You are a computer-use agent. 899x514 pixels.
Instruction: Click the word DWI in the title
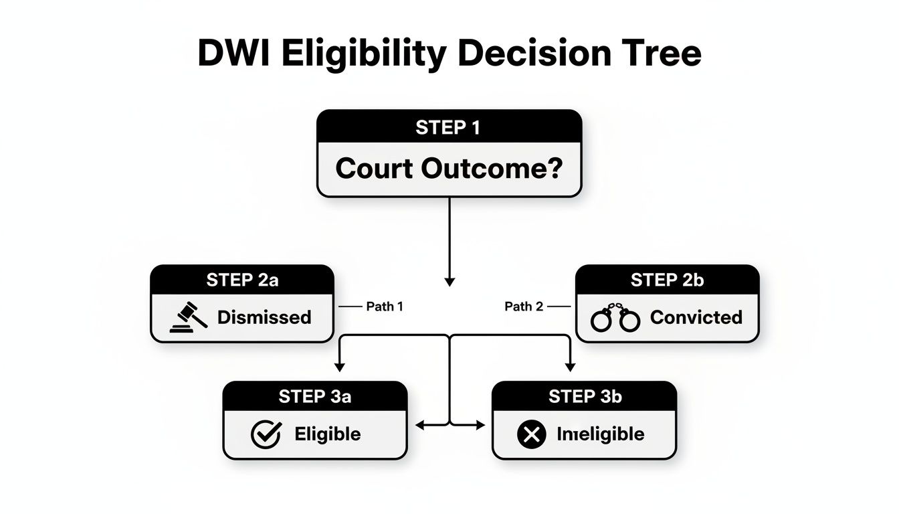tap(234, 54)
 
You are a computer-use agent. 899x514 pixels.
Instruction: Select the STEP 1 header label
tap(448, 127)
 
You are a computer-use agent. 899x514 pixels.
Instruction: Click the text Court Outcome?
tap(448, 168)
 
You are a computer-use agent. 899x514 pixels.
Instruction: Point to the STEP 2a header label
tap(242, 280)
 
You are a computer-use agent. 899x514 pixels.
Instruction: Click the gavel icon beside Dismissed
tap(189, 317)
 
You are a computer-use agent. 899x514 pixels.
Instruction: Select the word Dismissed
tap(264, 317)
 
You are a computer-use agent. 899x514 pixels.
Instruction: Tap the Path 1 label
tap(385, 307)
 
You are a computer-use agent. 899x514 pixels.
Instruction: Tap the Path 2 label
tap(523, 307)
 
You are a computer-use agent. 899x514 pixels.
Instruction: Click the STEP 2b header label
tap(667, 280)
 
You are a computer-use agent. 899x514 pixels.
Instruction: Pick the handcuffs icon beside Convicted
tap(615, 318)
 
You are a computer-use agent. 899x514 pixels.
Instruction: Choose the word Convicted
tap(696, 317)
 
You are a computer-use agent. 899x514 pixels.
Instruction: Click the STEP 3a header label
tap(314, 396)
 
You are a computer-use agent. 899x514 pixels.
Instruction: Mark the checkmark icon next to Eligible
tap(266, 434)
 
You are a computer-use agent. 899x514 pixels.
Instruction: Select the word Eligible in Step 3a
tap(327, 434)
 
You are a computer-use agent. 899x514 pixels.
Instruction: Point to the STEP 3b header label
tap(585, 396)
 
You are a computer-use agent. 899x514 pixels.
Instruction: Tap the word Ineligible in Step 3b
tap(600, 434)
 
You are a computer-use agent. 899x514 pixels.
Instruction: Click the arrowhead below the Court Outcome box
tap(449, 282)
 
